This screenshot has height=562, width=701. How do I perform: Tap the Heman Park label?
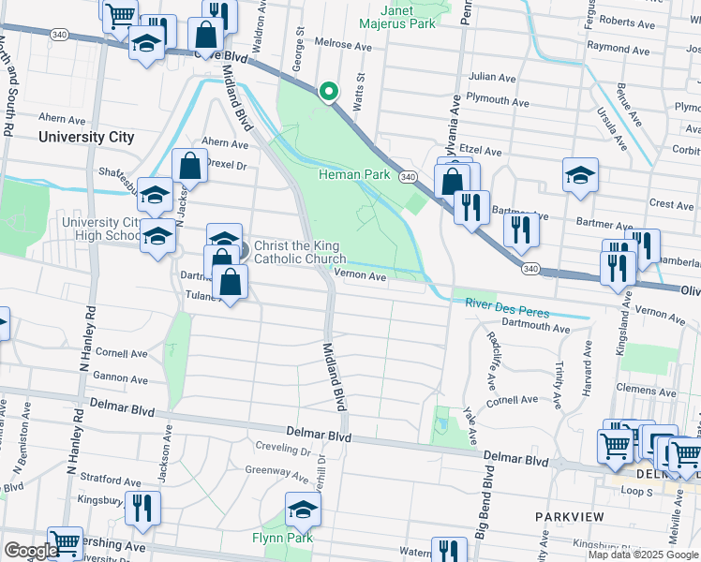coord(353,174)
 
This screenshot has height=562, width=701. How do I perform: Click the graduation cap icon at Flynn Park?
coord(303,510)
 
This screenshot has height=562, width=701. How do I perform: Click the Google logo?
coord(30,551)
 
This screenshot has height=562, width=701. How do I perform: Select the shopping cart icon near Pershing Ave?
coord(65,542)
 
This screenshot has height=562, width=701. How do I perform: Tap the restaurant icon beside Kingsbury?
coord(142,509)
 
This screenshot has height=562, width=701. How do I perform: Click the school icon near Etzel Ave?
coord(580,175)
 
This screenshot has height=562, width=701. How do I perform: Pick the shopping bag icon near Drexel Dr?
coord(189,166)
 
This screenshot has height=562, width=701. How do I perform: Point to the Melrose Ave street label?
coord(344,44)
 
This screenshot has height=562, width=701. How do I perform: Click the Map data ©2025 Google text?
coord(643,555)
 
